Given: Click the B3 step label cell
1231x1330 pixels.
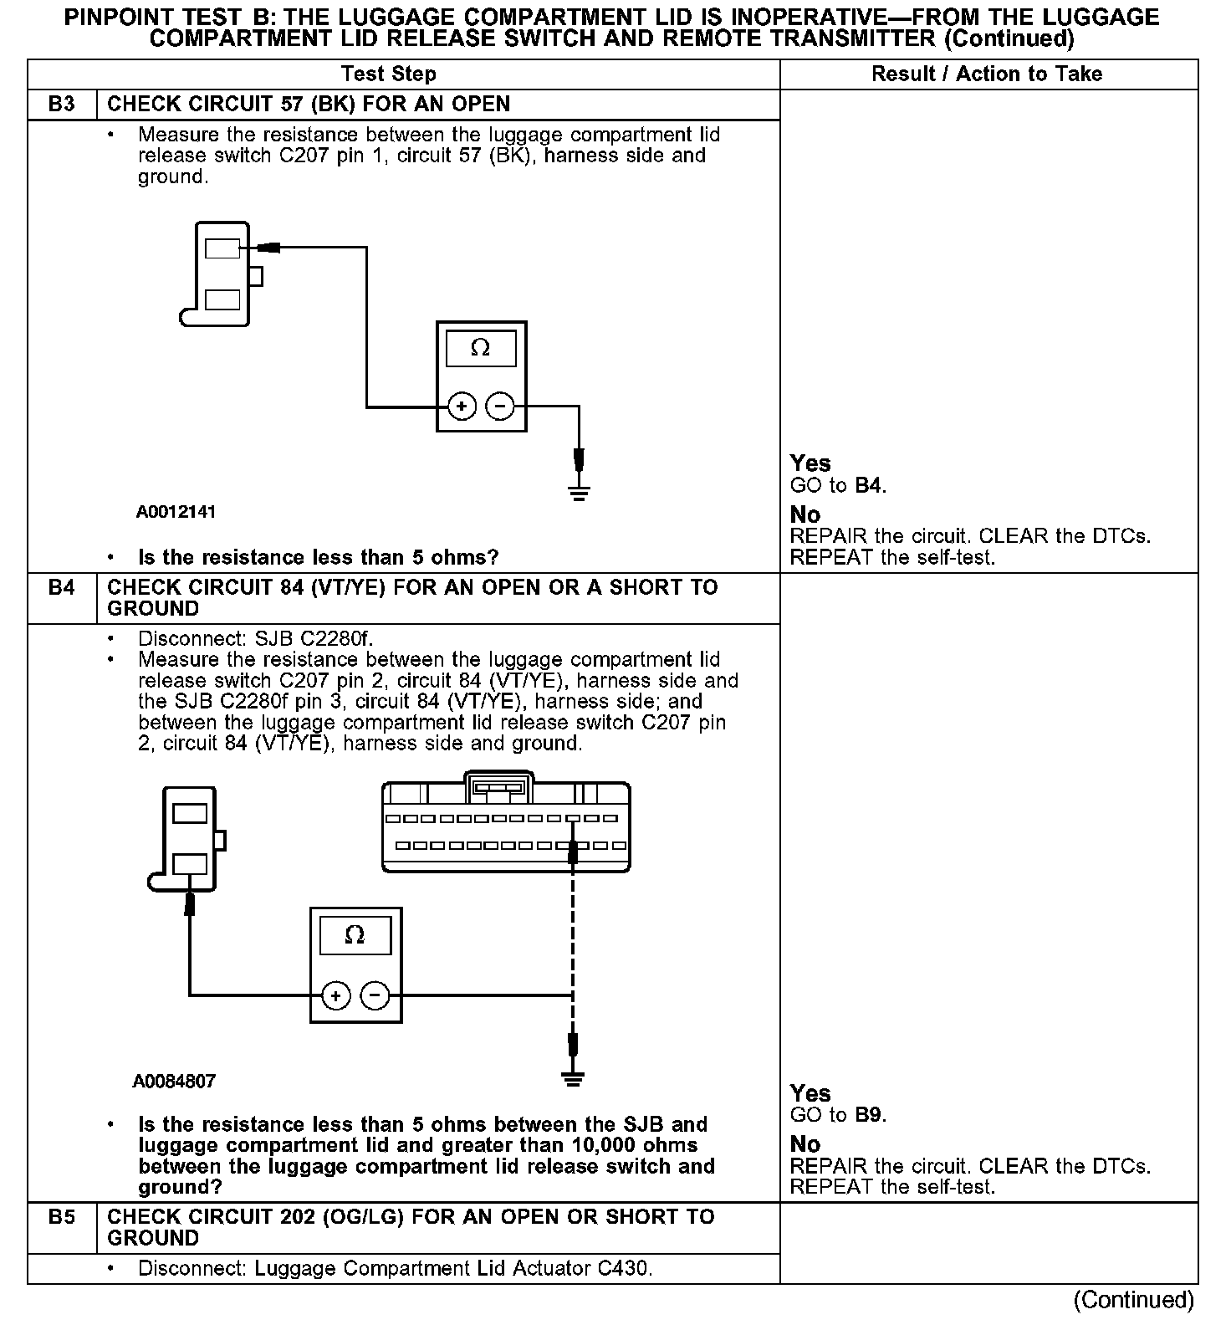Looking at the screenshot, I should [62, 105].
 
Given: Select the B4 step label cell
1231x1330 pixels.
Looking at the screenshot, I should [62, 588].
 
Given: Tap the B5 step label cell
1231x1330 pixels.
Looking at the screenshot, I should [62, 1217].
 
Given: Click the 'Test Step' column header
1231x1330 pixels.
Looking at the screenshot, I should [389, 74].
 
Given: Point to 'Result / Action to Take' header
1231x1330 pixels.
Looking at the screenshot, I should [987, 74].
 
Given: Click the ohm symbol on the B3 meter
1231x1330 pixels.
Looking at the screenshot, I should [481, 348].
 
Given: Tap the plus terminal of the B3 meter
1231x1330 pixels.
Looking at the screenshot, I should [462, 407].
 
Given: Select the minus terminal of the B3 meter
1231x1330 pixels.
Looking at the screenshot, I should [500, 407].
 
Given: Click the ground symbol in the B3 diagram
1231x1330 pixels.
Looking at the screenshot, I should [579, 491].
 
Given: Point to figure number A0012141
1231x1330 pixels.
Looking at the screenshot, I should [176, 512].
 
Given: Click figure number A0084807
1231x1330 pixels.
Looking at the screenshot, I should [174, 1081].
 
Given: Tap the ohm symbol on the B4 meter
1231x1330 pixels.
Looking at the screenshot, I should [355, 935].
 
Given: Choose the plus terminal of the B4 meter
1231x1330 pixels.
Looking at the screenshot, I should [335, 995].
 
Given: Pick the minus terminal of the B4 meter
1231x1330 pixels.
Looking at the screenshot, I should [375, 995].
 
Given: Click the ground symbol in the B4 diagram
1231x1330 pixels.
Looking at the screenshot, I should [572, 1078].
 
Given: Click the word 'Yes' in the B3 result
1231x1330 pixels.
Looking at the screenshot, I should [810, 463].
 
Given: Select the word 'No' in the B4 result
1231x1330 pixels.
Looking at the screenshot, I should [805, 1143].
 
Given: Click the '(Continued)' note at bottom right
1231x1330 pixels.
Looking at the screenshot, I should [1134, 1299].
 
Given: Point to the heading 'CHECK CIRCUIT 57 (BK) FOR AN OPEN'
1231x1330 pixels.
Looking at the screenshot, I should [309, 105].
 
